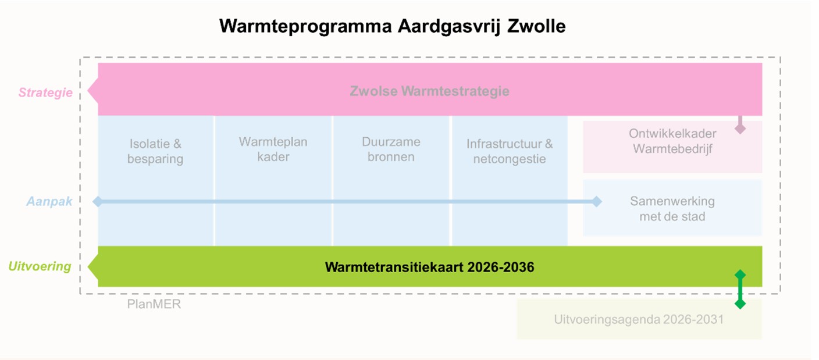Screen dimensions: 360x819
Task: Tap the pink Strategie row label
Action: click(x=45, y=92)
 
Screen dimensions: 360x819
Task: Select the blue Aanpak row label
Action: click(x=49, y=202)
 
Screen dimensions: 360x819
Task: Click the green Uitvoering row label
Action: click(x=40, y=266)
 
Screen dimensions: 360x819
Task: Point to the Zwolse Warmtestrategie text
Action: click(x=429, y=91)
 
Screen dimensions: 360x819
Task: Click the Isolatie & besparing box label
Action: click(x=155, y=151)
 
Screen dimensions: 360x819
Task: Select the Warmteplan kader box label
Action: click(x=273, y=149)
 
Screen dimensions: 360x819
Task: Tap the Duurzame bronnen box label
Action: click(x=391, y=149)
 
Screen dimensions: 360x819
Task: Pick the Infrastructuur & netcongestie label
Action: click(x=510, y=151)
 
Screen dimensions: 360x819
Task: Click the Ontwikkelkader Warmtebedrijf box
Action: click(x=672, y=141)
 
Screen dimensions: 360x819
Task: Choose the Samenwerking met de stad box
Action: click(x=672, y=209)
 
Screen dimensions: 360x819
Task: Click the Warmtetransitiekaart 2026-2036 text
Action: click(x=429, y=268)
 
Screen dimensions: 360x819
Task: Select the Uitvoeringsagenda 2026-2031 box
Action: click(x=639, y=319)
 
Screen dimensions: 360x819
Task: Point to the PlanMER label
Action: click(x=154, y=304)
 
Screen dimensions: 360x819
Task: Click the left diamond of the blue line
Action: click(x=98, y=202)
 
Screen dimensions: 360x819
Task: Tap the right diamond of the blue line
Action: click(x=596, y=202)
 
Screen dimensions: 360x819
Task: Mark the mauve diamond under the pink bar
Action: click(x=740, y=129)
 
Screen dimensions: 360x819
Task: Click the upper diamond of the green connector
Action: click(x=740, y=275)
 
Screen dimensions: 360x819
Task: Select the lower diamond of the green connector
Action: click(x=740, y=304)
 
